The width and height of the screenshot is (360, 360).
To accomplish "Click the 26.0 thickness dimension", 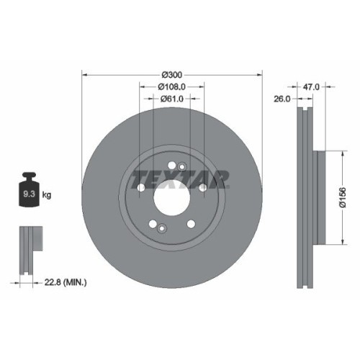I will click(282, 99).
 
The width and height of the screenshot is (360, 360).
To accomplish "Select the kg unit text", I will click(47, 194).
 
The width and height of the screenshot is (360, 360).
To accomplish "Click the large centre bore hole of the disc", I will click(171, 193).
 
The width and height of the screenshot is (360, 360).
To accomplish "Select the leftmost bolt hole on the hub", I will click(141, 188).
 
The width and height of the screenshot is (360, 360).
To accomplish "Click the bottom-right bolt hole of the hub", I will click(191, 224).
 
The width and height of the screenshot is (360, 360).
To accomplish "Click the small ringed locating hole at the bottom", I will click(162, 229).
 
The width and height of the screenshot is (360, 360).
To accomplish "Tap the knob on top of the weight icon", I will click(30, 176).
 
